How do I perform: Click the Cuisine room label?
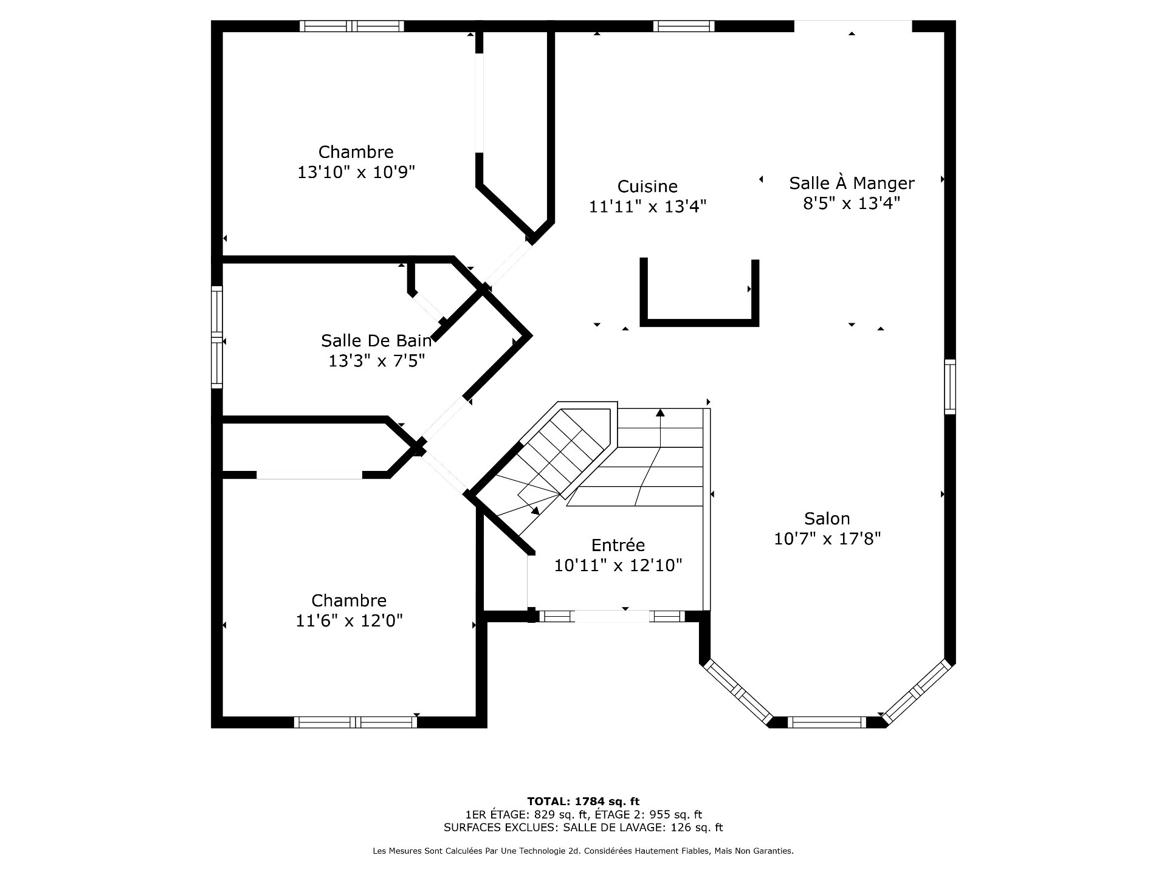647,187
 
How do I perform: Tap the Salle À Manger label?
852,182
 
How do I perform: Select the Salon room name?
827,519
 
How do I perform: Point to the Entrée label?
618,544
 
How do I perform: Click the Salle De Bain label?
376,340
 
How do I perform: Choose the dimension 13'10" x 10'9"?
356,173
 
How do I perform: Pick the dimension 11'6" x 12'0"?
349,621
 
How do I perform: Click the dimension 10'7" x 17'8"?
827,539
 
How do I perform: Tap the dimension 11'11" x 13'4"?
647,207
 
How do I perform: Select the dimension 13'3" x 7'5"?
376,361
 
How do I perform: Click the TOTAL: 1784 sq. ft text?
583,801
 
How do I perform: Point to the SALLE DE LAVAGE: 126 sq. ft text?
643,828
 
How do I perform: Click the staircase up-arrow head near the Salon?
660,413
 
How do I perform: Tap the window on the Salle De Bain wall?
216,337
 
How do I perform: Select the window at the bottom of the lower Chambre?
356,722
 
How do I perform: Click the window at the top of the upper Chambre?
352,26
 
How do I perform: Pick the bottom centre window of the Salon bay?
827,722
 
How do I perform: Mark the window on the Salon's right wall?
950,387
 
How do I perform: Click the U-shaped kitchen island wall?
699,322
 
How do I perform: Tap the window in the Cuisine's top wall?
684,26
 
